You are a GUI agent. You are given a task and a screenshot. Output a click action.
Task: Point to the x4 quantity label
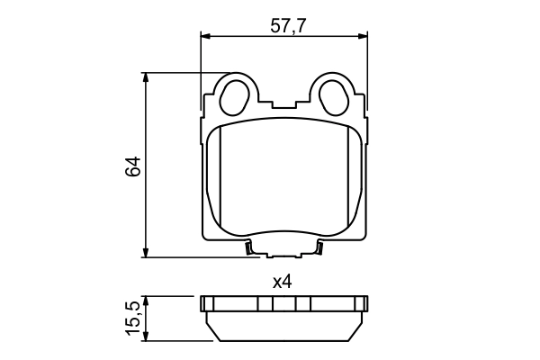tap(283, 282)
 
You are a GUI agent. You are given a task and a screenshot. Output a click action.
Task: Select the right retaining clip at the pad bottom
tap(318, 248)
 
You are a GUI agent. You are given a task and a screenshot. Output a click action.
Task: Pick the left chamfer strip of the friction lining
tap(212, 180)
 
